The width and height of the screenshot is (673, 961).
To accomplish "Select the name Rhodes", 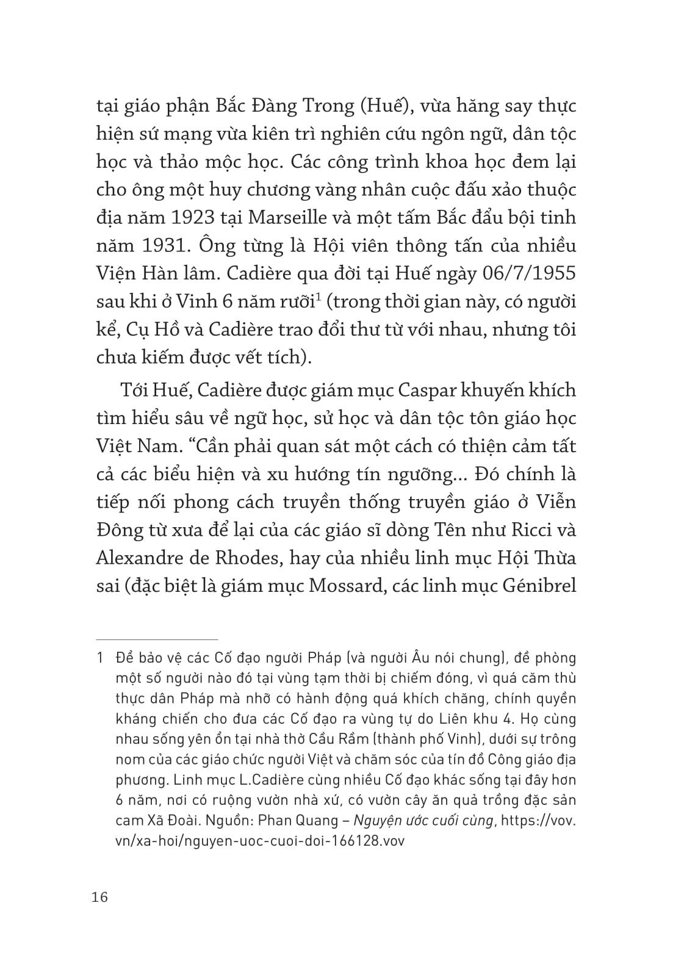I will pyautogui.click(x=239, y=558).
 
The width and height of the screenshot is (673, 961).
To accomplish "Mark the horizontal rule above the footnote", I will pyautogui.click(x=157, y=639).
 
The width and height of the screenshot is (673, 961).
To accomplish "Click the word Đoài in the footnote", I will pyautogui.click(x=170, y=821).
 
